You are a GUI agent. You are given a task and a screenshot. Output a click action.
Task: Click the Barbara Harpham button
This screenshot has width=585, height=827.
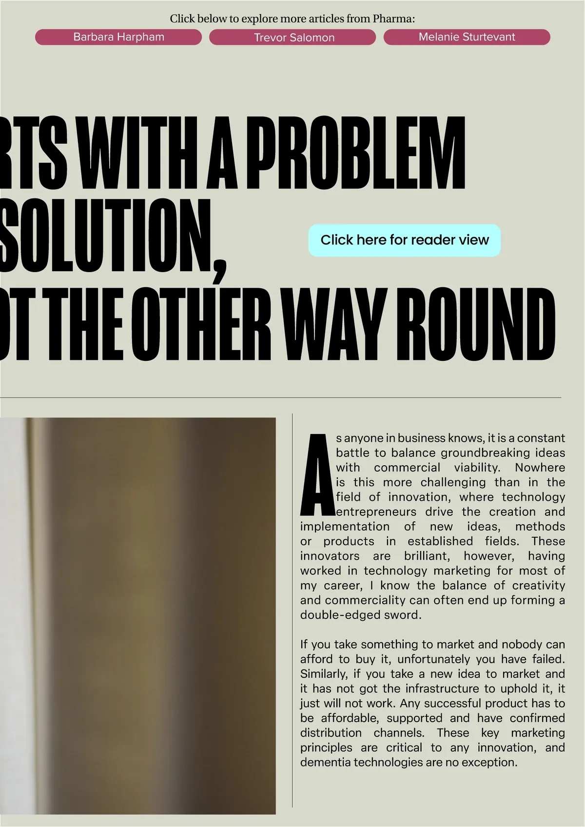[118, 37]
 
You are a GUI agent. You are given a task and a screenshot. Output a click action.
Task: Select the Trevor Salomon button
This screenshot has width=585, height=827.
[292, 37]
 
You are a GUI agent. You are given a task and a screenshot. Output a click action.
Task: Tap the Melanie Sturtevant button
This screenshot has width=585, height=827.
[467, 37]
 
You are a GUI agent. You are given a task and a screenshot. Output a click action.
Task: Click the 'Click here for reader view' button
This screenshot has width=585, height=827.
[404, 240]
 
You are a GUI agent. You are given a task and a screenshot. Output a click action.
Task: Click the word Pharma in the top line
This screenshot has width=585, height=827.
[392, 19]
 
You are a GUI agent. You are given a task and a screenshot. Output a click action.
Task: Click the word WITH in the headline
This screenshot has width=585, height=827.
[135, 153]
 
